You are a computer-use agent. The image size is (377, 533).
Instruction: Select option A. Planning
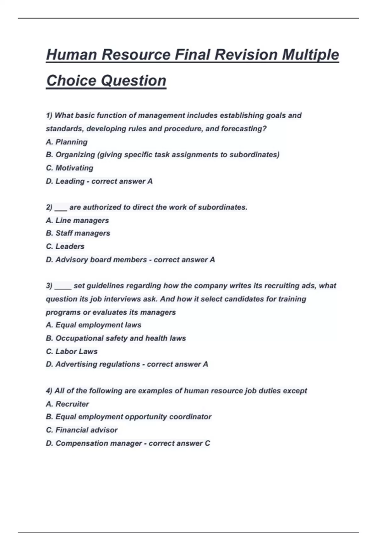pyautogui.click(x=67, y=142)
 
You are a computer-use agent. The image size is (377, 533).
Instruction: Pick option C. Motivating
pyautogui.click(x=69, y=168)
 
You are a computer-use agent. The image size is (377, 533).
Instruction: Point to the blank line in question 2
pyautogui.click(x=61, y=208)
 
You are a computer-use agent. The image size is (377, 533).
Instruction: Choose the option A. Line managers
pyautogui.click(x=77, y=220)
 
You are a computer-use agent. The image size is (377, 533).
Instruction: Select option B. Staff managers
pyautogui.click(x=78, y=233)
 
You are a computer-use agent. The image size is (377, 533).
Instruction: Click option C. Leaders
pyautogui.click(x=65, y=246)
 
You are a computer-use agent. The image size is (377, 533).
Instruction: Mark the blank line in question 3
pyautogui.click(x=63, y=287)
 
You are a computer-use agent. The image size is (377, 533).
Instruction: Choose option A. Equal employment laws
pyautogui.click(x=94, y=325)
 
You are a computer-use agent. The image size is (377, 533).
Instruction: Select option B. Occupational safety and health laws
pyautogui.click(x=116, y=338)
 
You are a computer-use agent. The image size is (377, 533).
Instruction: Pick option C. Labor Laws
pyautogui.click(x=72, y=351)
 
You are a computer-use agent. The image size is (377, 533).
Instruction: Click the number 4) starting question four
pyautogui.click(x=49, y=391)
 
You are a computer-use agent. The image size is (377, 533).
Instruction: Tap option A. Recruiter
pyautogui.click(x=68, y=404)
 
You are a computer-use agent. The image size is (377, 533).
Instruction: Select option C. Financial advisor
pyautogui.click(x=82, y=430)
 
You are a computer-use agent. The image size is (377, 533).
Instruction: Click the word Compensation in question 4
pyautogui.click(x=81, y=443)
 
